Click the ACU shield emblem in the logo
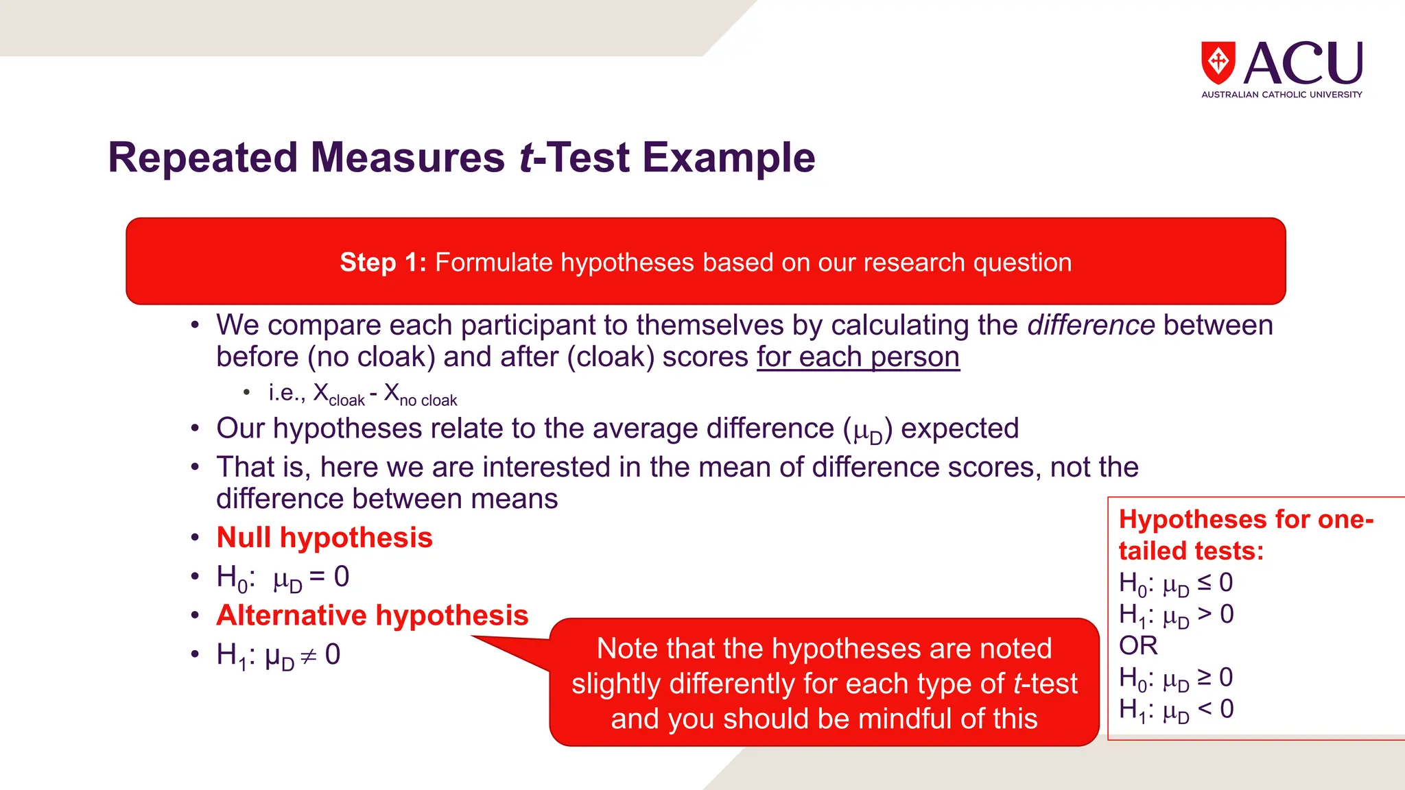coord(1218,62)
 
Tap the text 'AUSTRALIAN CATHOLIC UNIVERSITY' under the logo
coord(1282,95)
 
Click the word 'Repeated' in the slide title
coord(204,158)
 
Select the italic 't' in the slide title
coord(526,158)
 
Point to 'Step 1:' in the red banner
coord(383,263)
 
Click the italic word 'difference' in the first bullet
coord(1091,325)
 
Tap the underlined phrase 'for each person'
coord(858,357)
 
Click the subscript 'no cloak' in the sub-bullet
coord(428,400)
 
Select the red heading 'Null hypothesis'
coord(324,538)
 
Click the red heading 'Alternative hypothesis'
coord(373,616)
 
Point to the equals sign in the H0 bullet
coord(317,577)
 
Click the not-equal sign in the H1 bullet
coord(309,656)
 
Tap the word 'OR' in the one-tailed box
coord(1138,646)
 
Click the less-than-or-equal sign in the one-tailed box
coord(1204,583)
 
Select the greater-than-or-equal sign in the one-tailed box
coord(1204,678)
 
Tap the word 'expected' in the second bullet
coord(960,429)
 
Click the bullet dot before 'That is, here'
coord(196,467)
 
